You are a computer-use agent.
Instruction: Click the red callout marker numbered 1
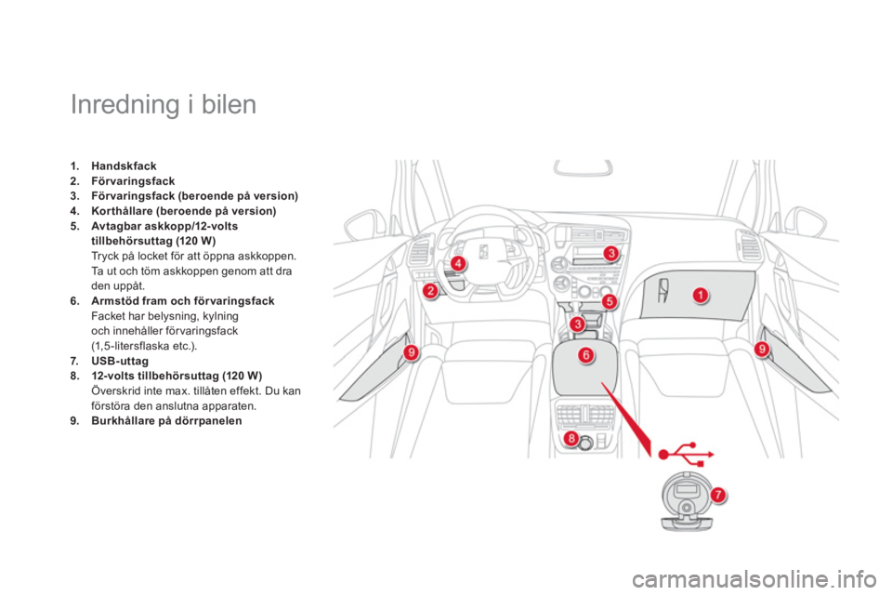coord(701,295)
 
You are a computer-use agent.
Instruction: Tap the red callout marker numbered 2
coord(430,291)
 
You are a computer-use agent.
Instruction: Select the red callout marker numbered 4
coord(457,263)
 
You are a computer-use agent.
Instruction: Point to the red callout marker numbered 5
coord(610,301)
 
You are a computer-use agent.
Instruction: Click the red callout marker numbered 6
coord(586,355)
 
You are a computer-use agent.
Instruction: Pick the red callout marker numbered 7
coord(718,495)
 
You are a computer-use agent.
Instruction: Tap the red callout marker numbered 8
coord(571,438)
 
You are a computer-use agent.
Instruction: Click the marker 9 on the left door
coord(411,352)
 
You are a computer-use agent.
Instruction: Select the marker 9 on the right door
coord(762,349)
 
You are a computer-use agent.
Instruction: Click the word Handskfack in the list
coord(124,166)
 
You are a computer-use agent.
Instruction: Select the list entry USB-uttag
coord(120,361)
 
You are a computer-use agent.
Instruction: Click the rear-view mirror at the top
coord(584,168)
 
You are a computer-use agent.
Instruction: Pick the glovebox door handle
coord(663,290)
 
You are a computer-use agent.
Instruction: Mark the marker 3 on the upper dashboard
coord(611,253)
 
